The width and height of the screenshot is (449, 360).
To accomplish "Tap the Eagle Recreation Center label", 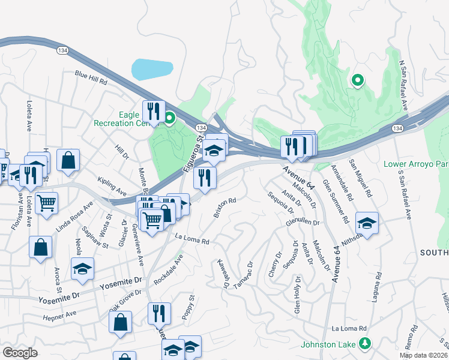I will (x=120, y=118).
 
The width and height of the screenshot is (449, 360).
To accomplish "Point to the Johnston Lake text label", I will (x=329, y=344).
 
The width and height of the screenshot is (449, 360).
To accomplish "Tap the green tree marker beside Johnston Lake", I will (x=364, y=343).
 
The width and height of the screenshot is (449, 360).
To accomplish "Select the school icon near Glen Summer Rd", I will (x=367, y=223).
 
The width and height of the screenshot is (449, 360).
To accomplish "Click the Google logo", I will (x=20, y=353).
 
